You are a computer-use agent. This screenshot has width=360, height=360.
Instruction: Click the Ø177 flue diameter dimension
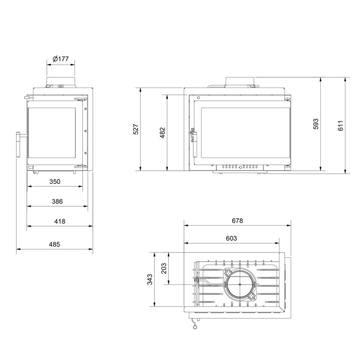[61, 59]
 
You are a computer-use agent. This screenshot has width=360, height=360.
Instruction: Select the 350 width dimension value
[55, 182]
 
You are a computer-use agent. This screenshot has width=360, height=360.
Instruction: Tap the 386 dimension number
[57, 201]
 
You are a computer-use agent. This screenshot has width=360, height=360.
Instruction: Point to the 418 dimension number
[60, 221]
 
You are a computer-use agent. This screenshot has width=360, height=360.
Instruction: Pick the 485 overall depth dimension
[54, 244]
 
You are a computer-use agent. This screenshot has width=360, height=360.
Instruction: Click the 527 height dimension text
[136, 129]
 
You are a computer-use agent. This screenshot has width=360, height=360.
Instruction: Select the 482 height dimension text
[162, 133]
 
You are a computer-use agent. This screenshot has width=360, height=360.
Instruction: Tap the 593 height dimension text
[316, 124]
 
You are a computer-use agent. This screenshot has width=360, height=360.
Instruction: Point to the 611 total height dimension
[340, 126]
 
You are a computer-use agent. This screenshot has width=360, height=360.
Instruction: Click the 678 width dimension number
[237, 220]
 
